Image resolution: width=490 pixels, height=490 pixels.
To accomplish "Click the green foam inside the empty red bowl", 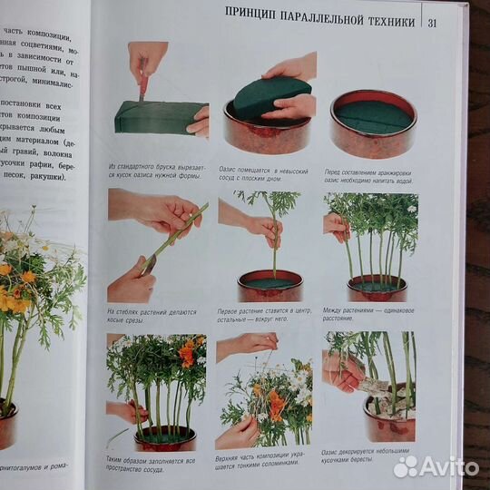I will point(372,117).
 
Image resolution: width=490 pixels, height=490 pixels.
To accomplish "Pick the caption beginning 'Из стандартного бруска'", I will point(157,172).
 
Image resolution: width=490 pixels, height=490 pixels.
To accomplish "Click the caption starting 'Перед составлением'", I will point(370,172).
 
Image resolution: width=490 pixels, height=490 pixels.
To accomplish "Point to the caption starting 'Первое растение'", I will point(264,316).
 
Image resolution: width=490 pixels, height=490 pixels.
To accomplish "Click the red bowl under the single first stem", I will point(270,288).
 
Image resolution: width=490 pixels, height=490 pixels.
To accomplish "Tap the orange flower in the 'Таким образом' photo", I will point(187,354).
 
